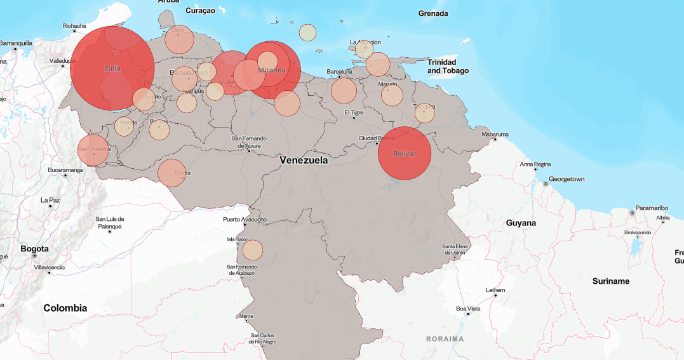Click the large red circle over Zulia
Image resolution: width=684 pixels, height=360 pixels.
click(112, 69)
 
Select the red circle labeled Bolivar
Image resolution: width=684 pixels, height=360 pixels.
click(405, 154)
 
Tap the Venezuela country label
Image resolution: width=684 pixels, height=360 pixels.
click(304, 161)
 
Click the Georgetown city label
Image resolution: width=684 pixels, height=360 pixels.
click(567, 179)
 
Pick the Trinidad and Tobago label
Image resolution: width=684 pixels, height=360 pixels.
click(448, 66)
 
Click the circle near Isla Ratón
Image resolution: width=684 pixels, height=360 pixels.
click(252, 250)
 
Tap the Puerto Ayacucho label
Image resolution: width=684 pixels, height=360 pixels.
click(245, 220)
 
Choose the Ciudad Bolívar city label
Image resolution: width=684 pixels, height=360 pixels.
click(377, 138)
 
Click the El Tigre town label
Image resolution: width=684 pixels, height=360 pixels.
click(354, 112)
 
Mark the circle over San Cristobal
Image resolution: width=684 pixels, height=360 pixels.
click(93, 150)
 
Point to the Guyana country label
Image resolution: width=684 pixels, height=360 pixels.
click(521, 223)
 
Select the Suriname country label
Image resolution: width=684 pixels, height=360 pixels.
click(610, 281)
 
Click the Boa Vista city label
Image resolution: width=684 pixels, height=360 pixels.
click(469, 309)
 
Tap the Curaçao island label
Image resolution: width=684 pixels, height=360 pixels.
click(201, 11)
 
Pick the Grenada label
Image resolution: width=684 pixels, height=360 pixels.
click(433, 13)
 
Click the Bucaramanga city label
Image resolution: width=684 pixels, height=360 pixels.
click(65, 170)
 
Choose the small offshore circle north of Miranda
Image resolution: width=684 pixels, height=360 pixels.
click(307, 32)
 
